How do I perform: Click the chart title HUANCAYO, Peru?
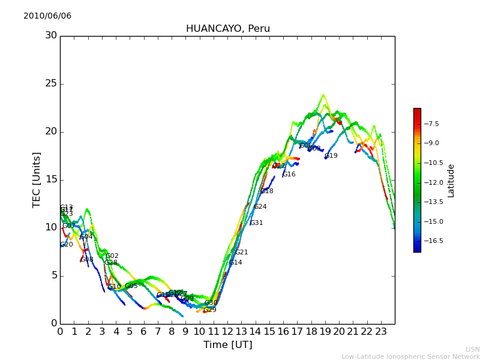[x=228, y=29]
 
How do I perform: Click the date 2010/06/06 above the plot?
[x=47, y=16]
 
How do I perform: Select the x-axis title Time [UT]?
[x=227, y=345]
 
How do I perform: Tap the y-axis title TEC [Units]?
[x=37, y=180]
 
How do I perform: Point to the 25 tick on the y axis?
[x=52, y=83]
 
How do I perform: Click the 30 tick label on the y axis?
[x=52, y=35]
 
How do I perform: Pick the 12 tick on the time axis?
[x=227, y=331]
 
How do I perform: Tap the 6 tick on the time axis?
[x=144, y=331]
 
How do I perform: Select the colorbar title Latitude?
[x=451, y=180]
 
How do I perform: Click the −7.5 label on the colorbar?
[x=431, y=124]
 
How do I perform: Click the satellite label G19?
[x=331, y=156]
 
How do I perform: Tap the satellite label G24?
[x=260, y=207]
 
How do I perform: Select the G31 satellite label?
[x=257, y=223]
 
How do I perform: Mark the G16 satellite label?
[x=289, y=175]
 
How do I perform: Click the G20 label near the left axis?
[x=67, y=245]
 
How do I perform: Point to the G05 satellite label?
[x=131, y=286]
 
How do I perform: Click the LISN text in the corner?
[x=472, y=349]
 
